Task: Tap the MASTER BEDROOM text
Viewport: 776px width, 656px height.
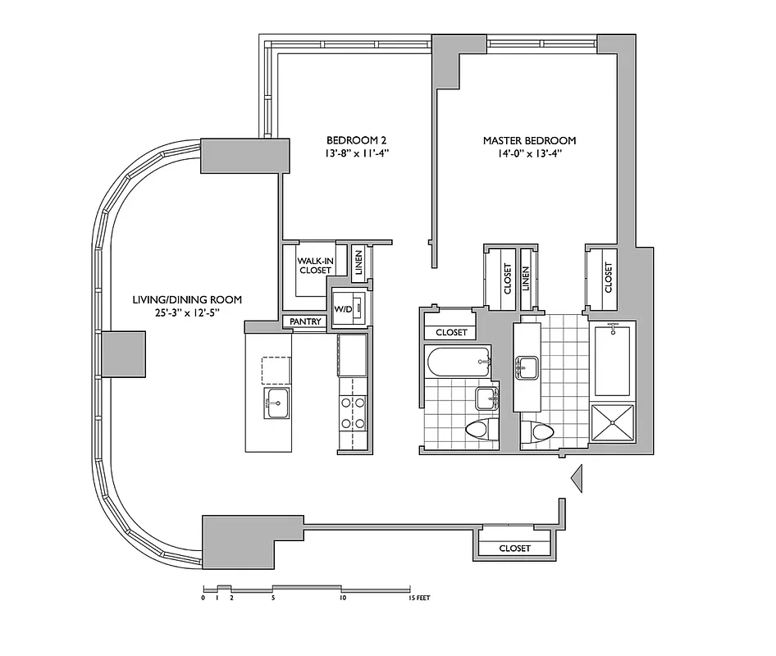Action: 529,140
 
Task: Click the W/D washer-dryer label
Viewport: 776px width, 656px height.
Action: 342,309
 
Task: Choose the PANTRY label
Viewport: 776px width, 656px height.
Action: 305,322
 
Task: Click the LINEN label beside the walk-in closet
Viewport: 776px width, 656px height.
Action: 358,262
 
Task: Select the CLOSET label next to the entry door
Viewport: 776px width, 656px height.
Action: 514,548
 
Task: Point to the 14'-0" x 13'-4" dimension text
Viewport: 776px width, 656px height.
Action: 529,153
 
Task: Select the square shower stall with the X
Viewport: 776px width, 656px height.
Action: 613,423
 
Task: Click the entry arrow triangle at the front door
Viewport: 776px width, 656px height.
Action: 577,477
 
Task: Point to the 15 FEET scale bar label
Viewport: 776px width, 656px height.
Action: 418,599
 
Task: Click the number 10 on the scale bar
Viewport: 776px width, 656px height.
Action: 342,599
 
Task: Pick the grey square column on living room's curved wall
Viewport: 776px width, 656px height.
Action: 123,354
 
